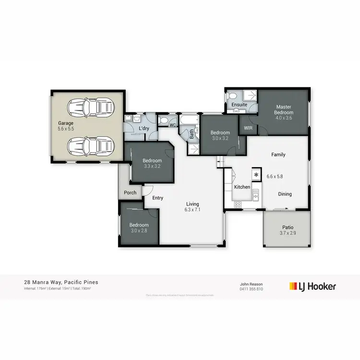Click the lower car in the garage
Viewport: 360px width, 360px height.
click(91, 144)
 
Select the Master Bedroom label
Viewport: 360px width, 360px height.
click(284, 109)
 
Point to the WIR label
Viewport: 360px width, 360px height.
click(248, 128)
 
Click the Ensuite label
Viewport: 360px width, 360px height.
click(239, 105)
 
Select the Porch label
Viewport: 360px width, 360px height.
click(130, 192)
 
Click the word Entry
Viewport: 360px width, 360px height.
click(157, 198)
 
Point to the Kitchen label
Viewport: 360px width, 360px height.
click(242, 187)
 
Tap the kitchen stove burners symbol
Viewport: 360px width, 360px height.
click(237, 204)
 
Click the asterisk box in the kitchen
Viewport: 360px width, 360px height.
click(256, 175)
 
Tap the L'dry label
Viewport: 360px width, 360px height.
click(144, 129)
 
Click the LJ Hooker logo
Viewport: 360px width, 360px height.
click(312, 287)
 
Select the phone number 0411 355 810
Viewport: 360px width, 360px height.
click(252, 289)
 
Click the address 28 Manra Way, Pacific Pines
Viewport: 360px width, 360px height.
click(61, 283)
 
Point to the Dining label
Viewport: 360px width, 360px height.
click(285, 194)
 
